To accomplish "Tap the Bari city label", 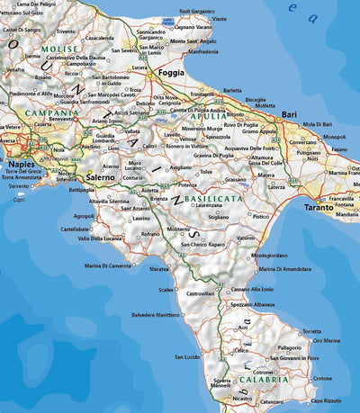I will point(289,115).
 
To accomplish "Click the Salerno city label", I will point(100,179).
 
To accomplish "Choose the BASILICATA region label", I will point(211,197).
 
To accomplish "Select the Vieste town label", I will point(219,19).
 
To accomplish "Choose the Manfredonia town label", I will point(202,51).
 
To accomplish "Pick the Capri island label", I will point(20,200).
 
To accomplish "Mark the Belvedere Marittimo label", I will point(156,315).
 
